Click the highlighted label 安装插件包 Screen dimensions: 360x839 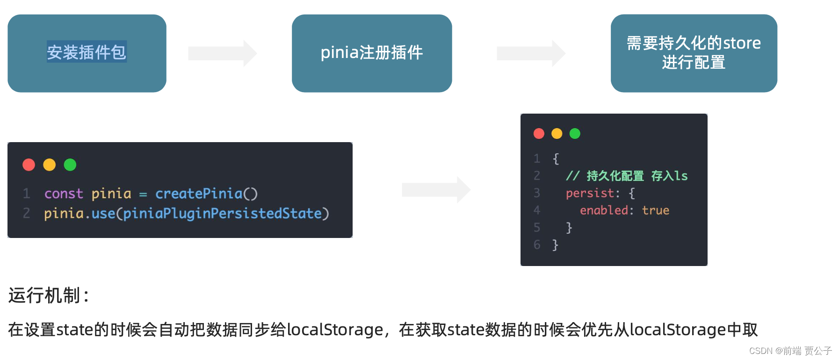click(87, 52)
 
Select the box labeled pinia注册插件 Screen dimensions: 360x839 click(372, 53)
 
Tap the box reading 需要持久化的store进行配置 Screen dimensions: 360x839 click(694, 53)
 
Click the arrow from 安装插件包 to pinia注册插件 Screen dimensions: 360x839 click(223, 53)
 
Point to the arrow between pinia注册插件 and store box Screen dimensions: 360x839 click(531, 53)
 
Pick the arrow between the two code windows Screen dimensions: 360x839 click(436, 190)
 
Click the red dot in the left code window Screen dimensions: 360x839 click(29, 165)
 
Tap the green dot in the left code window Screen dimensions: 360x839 click(70, 165)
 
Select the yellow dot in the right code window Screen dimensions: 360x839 click(557, 134)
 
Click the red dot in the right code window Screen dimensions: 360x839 click(539, 134)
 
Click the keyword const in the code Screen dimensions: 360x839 click(64, 194)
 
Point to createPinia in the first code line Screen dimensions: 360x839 click(199, 194)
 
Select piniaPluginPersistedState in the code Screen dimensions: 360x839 click(222, 214)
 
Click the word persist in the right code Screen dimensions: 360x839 click(590, 193)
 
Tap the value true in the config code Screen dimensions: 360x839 click(655, 210)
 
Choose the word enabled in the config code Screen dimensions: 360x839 click(604, 210)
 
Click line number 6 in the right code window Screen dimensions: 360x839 click(537, 245)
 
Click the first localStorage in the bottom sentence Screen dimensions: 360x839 click(335, 330)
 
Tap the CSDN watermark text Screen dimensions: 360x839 click(790, 351)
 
